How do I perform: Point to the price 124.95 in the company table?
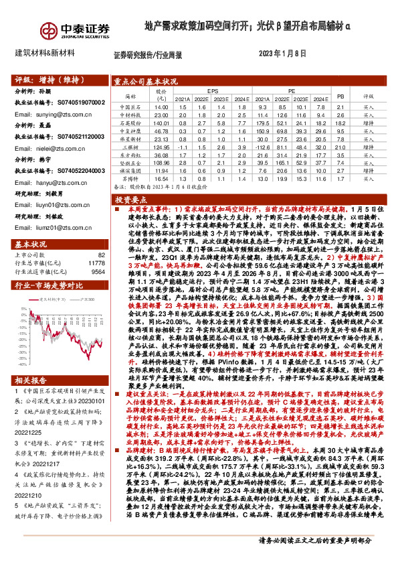(x=161, y=146)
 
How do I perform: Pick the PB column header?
(x=338, y=96)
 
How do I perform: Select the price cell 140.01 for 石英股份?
(x=161, y=123)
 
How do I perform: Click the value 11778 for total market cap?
(x=96, y=263)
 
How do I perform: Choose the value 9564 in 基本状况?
(x=98, y=272)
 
